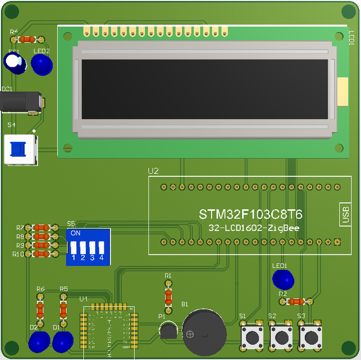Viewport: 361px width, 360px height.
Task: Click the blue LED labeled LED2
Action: (42, 65)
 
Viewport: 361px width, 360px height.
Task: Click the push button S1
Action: (253, 336)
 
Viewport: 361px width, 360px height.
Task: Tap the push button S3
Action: (311, 336)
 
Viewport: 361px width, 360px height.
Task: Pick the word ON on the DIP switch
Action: (75, 233)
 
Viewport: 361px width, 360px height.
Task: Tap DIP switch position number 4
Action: (101, 257)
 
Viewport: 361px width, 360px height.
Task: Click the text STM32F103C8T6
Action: (251, 215)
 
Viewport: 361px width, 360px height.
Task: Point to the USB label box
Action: (345, 214)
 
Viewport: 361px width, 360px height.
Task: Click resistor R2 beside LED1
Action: (296, 301)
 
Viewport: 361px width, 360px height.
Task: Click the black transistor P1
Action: (168, 331)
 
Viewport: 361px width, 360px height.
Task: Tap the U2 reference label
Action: (153, 171)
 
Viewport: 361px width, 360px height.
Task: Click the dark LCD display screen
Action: (205, 89)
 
